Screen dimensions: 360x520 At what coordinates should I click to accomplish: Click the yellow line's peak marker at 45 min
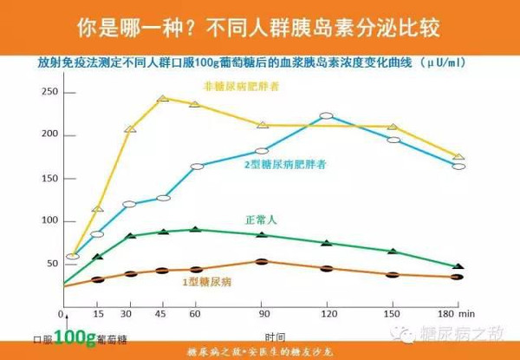(163, 99)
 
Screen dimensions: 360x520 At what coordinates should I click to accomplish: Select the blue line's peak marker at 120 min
(326, 115)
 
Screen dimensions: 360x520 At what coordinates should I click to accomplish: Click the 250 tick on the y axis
(49, 92)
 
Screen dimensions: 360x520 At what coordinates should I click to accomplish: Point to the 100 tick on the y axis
(49, 221)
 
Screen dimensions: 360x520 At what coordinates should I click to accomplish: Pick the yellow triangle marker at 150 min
(393, 127)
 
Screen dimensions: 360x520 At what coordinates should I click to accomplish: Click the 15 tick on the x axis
(98, 312)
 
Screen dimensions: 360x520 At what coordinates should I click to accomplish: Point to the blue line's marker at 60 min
(197, 166)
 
